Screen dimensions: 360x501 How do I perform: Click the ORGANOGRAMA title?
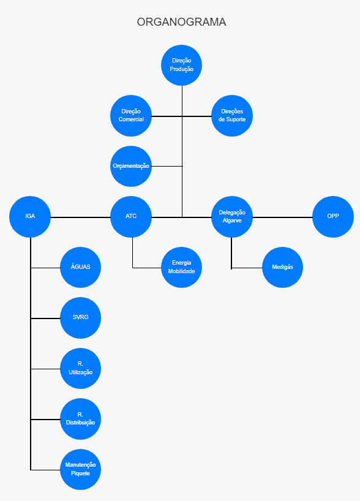click(x=181, y=22)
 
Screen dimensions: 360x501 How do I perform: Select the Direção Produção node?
click(x=181, y=65)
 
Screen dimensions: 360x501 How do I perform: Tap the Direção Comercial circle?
click(x=131, y=116)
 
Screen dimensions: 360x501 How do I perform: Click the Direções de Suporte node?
click(x=232, y=116)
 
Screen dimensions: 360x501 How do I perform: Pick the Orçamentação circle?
click(x=131, y=166)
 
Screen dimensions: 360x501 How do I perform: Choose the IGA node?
click(x=30, y=217)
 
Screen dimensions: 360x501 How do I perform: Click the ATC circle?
click(x=131, y=217)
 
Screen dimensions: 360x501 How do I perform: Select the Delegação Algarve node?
click(x=232, y=217)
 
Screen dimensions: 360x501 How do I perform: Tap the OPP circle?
click(x=333, y=217)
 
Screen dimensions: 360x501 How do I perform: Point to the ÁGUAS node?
click(x=80, y=267)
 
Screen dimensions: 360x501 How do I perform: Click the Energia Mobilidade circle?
click(x=181, y=267)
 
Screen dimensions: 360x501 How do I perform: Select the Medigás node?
click(x=282, y=267)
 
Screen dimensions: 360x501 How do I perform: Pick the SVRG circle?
click(x=80, y=318)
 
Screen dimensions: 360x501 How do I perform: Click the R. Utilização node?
click(x=80, y=368)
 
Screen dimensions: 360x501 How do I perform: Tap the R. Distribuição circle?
click(x=80, y=419)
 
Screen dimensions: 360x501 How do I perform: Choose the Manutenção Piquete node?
click(x=80, y=469)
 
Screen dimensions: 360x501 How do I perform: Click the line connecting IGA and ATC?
click(x=80, y=217)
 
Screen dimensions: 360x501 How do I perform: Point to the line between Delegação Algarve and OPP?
click(x=282, y=217)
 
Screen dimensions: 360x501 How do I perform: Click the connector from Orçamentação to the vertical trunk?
click(x=167, y=166)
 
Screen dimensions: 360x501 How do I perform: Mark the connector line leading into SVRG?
click(x=45, y=318)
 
